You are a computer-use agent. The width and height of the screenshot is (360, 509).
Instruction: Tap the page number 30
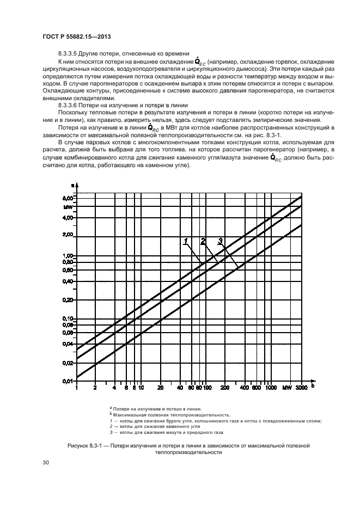coord(46,462)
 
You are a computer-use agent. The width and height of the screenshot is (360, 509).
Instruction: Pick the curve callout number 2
coord(203,241)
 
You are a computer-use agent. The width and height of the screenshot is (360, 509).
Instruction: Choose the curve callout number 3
coord(220,241)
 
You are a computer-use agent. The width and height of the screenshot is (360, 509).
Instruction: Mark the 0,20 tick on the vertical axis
coord(68,300)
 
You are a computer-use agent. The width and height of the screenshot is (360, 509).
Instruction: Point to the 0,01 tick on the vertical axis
coord(68,381)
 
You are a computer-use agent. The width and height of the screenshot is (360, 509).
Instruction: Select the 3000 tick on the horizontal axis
coord(301,388)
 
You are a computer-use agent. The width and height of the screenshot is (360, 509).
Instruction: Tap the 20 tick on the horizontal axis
coord(160,388)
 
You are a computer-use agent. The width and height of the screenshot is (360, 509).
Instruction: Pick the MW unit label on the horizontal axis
coord(286,388)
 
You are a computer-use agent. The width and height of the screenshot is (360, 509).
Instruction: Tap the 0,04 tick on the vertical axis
coord(68,344)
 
